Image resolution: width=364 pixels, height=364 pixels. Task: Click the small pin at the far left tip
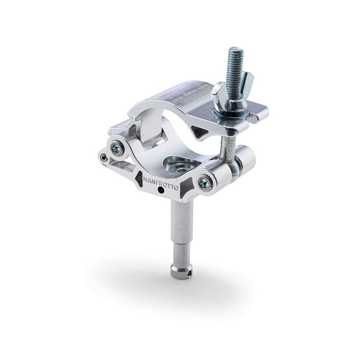tap(104, 158)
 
